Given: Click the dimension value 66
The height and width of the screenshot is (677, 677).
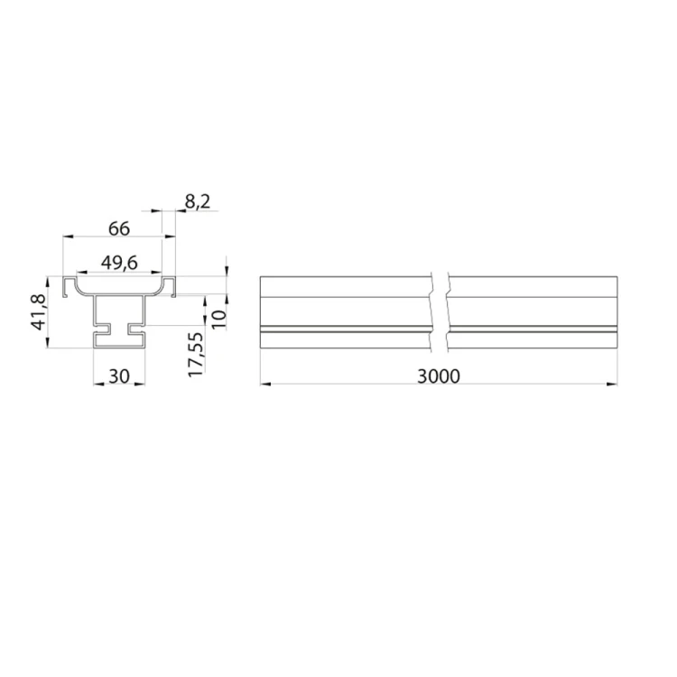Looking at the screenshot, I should point(118,228).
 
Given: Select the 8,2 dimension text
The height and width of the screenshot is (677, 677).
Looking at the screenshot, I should point(197,202).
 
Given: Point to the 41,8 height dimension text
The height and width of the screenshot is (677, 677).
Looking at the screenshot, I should point(39,311).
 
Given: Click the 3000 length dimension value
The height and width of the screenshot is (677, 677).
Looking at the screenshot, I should point(440,376).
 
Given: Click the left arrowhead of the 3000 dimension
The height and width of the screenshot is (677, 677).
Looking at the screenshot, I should point(264,385).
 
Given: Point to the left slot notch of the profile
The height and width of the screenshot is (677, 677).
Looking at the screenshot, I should point(100,328).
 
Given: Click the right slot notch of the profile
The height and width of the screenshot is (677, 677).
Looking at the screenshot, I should point(138,328).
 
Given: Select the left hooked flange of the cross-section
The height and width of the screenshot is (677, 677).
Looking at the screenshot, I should point(68,287).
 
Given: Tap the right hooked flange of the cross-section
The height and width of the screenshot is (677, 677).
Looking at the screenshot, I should point(168,287).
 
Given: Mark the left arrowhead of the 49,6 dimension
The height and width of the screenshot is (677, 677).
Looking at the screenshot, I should point(79,272).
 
